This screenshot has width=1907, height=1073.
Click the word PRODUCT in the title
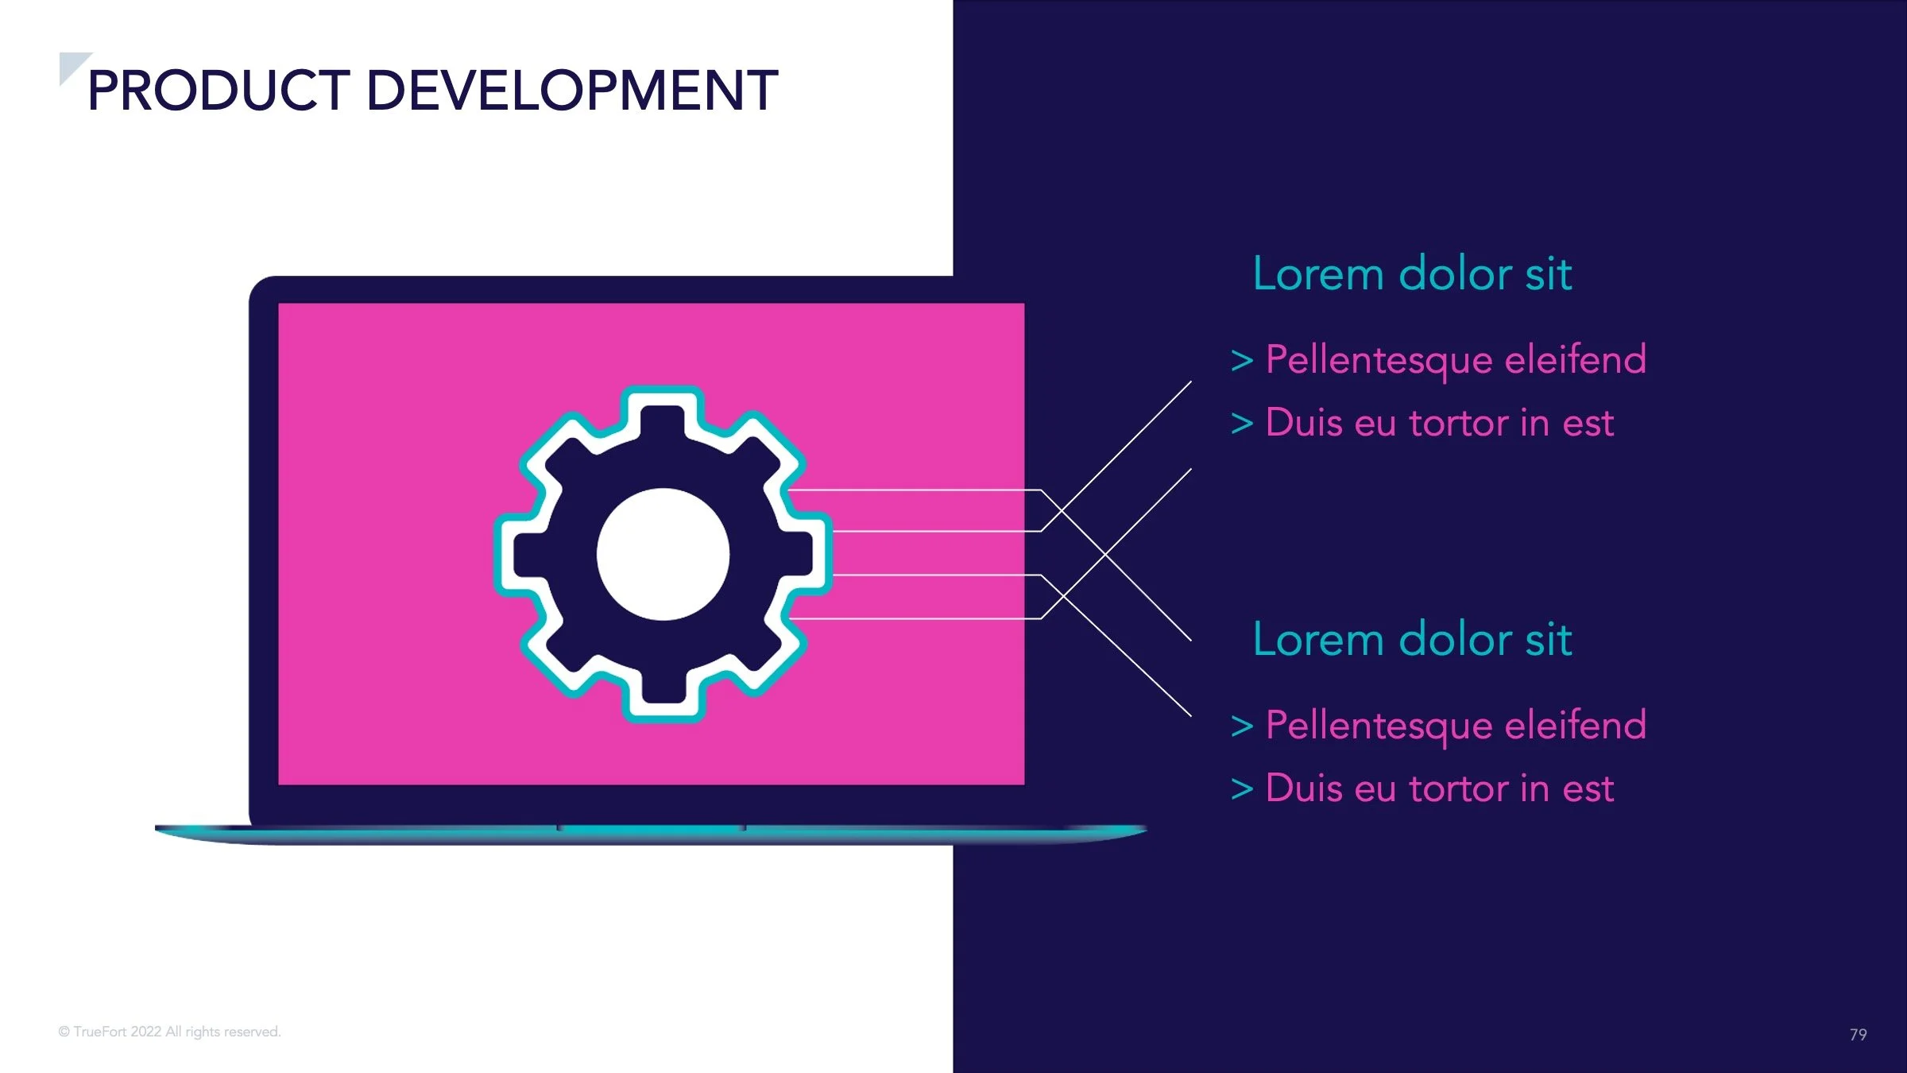219,91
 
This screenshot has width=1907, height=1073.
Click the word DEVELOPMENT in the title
571,91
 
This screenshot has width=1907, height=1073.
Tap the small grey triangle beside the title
71,64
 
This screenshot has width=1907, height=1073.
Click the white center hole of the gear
663,554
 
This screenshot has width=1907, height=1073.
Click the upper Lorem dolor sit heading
1412,274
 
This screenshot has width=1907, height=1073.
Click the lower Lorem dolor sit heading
1412,640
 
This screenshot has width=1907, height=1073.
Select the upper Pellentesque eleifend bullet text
1456,359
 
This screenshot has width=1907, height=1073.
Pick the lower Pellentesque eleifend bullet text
1456,725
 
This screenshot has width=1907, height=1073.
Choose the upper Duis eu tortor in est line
1439,423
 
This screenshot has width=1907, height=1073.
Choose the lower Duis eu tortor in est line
1439,788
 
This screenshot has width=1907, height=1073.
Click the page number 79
1858,1034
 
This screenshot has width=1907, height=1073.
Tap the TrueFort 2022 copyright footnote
169,1032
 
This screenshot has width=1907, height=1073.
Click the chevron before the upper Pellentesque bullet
1241,361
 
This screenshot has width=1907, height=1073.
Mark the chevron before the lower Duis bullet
1241,790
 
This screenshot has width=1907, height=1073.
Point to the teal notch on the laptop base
652,829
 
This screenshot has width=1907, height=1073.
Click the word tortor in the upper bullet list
1458,423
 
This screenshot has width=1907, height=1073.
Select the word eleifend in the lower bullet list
1575,725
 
